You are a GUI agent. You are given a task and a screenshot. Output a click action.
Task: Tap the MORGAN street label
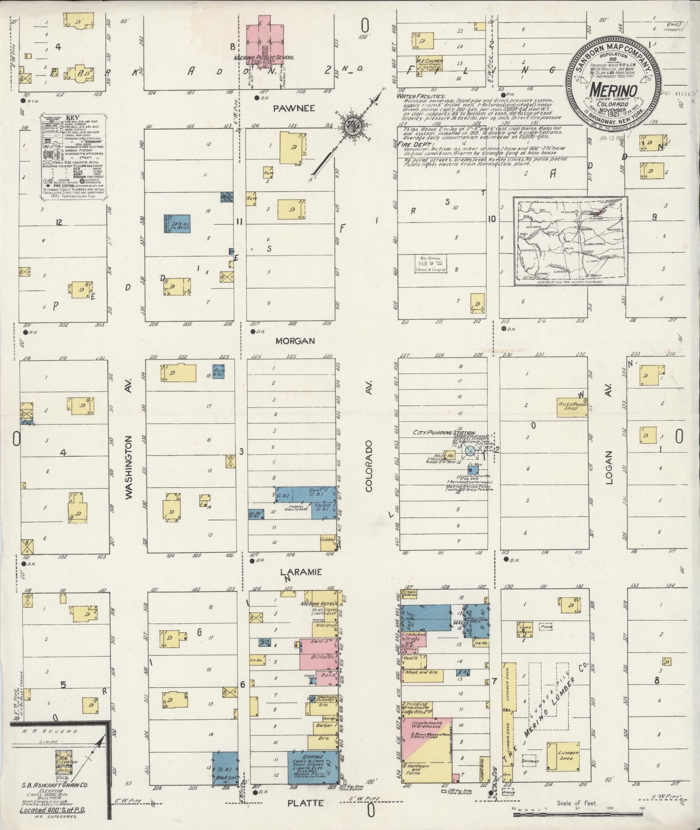coord(295,341)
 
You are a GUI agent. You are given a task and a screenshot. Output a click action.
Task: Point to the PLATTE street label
coord(306,803)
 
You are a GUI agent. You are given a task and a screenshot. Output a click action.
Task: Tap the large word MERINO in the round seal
coord(613,90)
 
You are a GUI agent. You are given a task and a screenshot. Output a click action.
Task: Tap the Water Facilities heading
coord(420,96)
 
